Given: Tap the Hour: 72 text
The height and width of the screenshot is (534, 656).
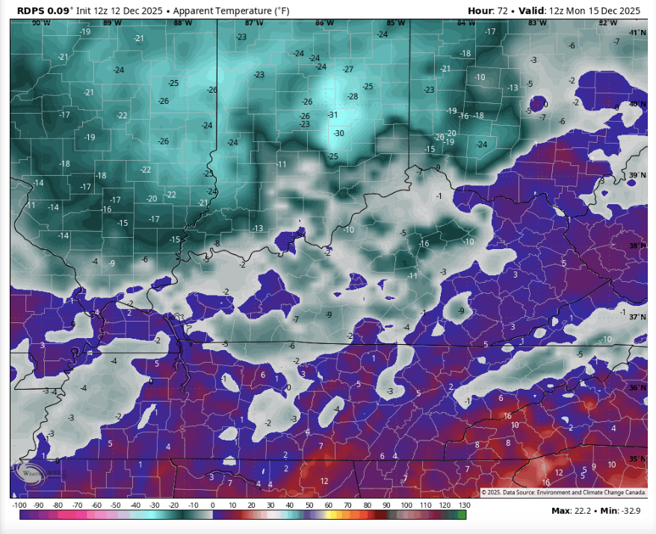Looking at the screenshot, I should tap(491, 10).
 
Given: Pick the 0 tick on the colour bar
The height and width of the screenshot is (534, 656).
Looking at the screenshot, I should tap(213, 506).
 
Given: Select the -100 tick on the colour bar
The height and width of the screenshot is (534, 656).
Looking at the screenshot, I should tap(20, 506).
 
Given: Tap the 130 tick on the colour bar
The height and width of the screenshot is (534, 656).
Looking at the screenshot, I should tap(463, 506).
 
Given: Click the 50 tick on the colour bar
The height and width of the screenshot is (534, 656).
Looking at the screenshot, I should tap(309, 506).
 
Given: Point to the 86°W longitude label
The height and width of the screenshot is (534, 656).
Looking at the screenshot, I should tap(324, 23).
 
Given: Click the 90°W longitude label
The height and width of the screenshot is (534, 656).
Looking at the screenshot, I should tap(40, 23).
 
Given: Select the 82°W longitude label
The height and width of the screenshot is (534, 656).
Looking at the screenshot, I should tap(607, 23).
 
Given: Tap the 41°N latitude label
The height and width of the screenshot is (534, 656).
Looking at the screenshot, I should tap(637, 33).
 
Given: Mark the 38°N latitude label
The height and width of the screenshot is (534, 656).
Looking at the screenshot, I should tap(637, 245).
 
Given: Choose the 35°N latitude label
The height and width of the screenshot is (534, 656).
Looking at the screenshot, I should tap(637, 458).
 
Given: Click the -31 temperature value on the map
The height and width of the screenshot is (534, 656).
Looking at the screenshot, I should tap(333, 114).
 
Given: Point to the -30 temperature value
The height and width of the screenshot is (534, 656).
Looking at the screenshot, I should tap(338, 133).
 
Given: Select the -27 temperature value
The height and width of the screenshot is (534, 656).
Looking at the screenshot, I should tap(347, 69).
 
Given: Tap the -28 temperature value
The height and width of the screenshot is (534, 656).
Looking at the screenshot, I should tap(353, 96).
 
